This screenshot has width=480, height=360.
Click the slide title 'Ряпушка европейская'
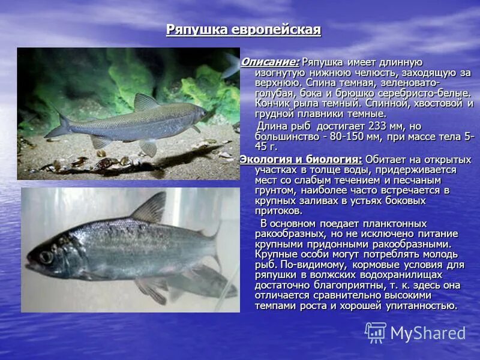point(243,30)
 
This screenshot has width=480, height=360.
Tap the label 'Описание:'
point(270,62)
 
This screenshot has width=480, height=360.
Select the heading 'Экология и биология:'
point(301,159)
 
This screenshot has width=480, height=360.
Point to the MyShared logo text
point(428,333)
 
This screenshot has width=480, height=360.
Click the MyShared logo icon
point(376,332)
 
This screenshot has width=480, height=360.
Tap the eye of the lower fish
point(46,257)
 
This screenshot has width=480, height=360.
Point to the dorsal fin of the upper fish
point(145,102)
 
